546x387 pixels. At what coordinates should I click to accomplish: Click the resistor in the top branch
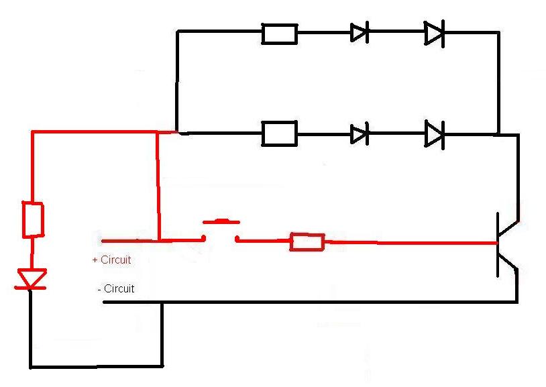tap(279, 34)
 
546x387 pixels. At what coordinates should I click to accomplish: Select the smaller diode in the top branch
tap(360, 32)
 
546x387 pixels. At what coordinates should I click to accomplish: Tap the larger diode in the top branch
tap(434, 33)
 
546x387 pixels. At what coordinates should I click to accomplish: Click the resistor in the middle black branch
tap(279, 133)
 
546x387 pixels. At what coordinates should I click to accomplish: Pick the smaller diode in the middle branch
tap(360, 133)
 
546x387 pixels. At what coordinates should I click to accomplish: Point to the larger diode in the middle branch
tap(434, 134)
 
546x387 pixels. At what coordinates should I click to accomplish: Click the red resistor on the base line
tap(307, 241)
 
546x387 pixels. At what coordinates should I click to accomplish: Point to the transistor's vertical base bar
tap(498, 245)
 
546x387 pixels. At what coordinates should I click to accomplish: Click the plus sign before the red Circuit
tap(94, 260)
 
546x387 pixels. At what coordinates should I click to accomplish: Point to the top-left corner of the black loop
tap(178, 32)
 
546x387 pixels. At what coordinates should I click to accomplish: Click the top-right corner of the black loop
tap(498, 32)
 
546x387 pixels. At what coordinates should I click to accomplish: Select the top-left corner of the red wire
tap(32, 133)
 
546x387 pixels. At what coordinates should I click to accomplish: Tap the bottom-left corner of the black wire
tap(31, 366)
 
